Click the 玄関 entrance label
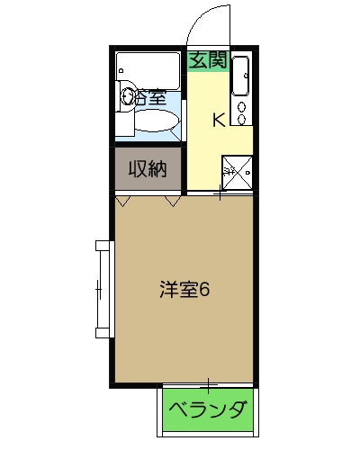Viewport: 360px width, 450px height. [208, 61]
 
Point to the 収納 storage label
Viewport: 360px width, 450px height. [148, 168]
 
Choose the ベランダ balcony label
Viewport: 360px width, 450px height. [208, 411]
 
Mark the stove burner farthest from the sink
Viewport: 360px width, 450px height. [241, 121]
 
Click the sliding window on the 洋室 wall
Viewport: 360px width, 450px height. [99, 289]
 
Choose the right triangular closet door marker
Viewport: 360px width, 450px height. [170, 202]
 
